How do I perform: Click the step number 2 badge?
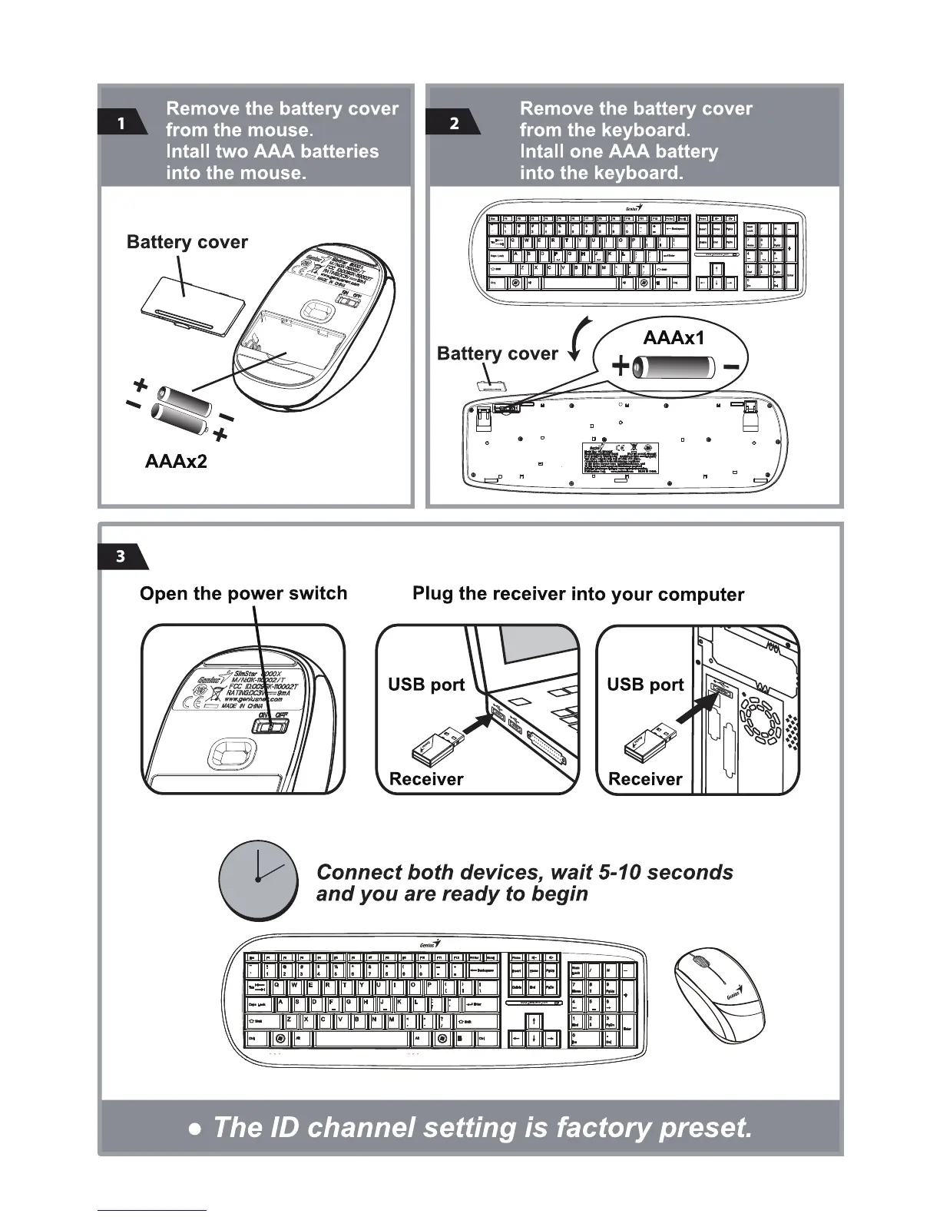[x=453, y=123]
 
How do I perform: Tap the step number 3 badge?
[x=121, y=556]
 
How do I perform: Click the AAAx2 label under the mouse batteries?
[x=176, y=461]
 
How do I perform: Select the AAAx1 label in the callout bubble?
[x=674, y=337]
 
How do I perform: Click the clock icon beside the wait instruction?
[x=258, y=879]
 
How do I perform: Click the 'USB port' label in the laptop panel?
[x=426, y=685]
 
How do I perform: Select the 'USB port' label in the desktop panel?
[x=645, y=685]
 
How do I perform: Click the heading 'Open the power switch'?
[x=243, y=593]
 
